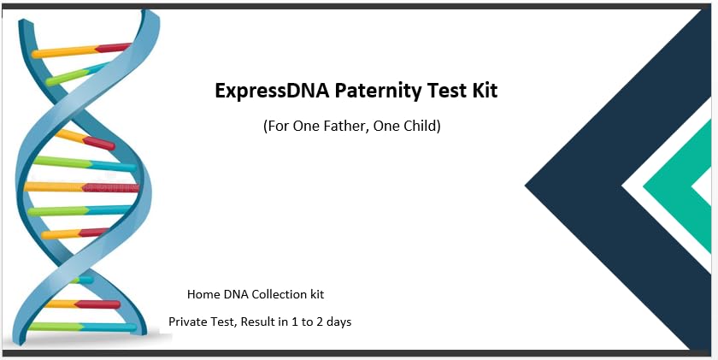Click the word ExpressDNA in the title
[x=267, y=90]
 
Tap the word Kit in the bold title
[x=481, y=90]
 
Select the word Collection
[x=277, y=294]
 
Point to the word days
[x=337, y=322]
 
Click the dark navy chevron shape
[x=581, y=184]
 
